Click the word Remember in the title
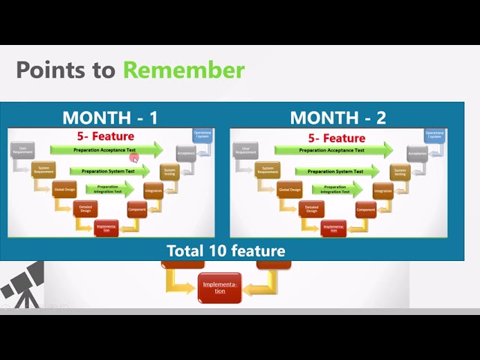click(x=184, y=70)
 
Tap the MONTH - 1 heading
click(x=110, y=117)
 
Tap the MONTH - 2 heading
click(x=337, y=117)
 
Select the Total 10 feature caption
click(x=226, y=250)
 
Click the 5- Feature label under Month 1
click(x=106, y=136)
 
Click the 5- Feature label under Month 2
click(x=337, y=138)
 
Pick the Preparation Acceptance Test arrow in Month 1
click(x=106, y=151)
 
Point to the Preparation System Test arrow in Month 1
click(x=108, y=172)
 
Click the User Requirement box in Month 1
click(x=22, y=150)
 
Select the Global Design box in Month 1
click(x=64, y=190)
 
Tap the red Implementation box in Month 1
click(x=106, y=228)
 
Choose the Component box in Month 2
click(x=365, y=209)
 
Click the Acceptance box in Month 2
click(x=418, y=153)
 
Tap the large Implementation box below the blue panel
click(x=220, y=287)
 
